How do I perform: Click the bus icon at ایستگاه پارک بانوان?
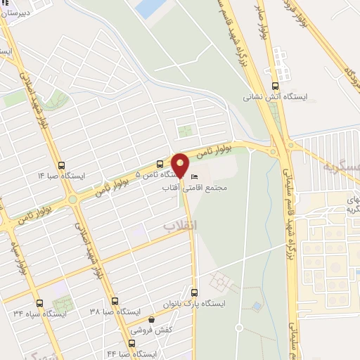pyautogui.click(x=195, y=293)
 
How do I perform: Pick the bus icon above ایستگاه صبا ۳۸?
pyautogui.click(x=115, y=301)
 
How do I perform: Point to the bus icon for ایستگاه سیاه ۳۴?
pyautogui.click(x=39, y=304)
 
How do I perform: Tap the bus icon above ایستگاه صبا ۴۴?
pyautogui.click(x=130, y=345)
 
